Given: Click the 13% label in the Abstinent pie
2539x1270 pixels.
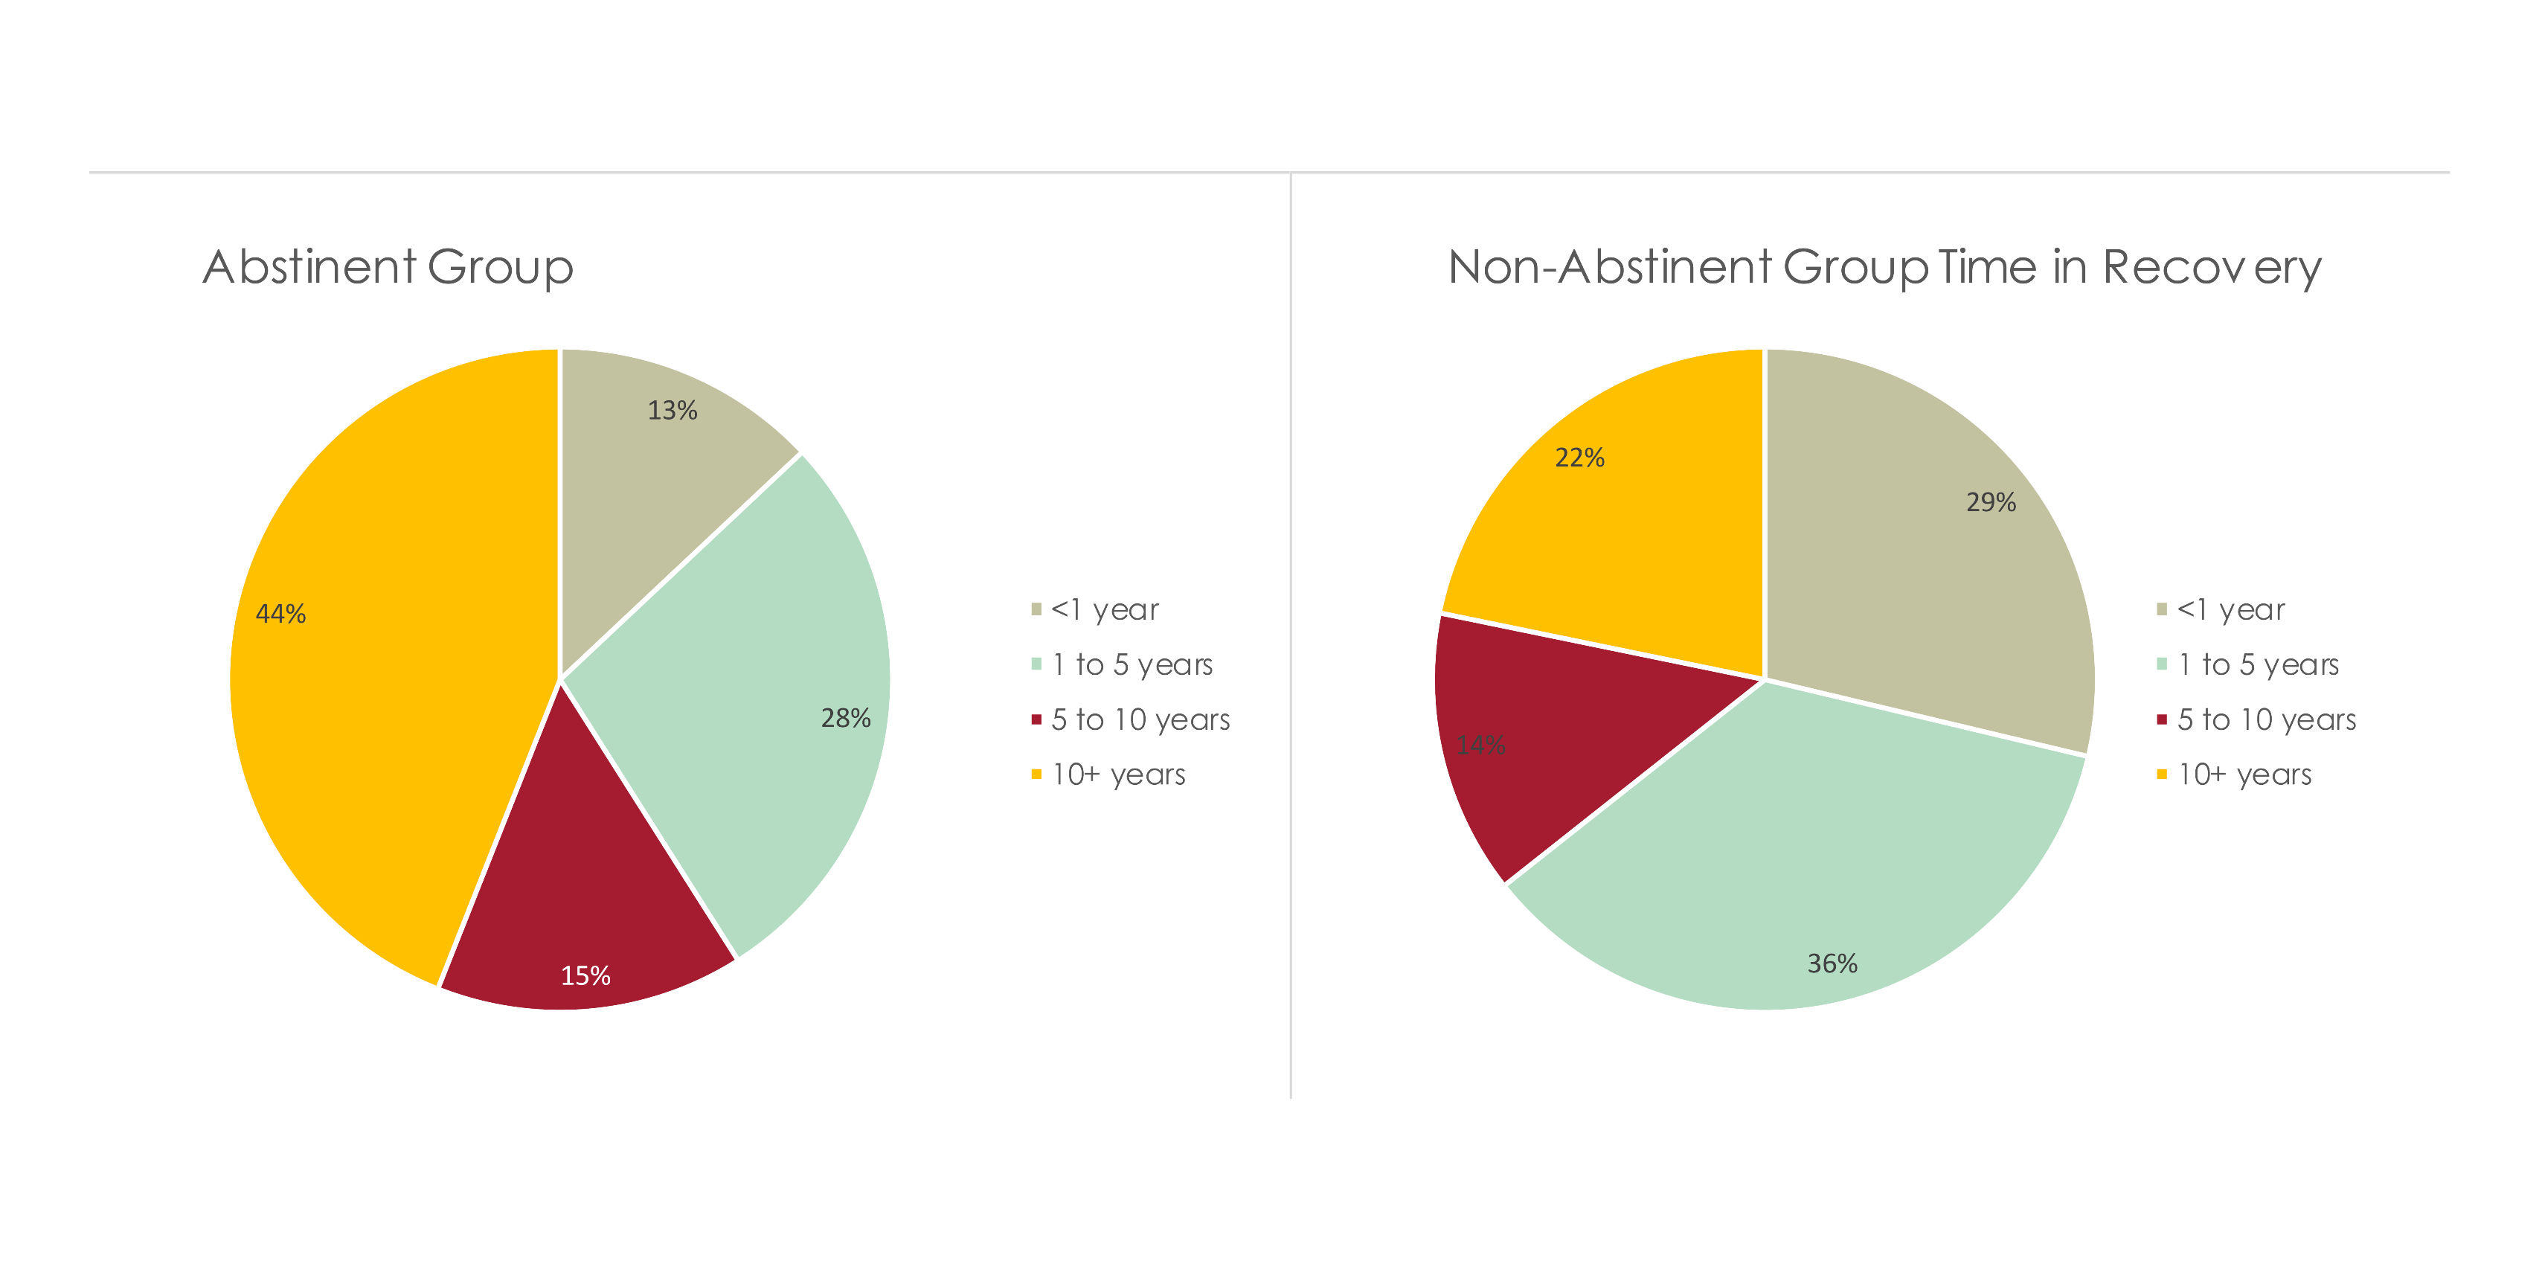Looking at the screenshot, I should coord(673,410).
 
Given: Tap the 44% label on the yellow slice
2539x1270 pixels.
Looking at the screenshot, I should coord(281,615).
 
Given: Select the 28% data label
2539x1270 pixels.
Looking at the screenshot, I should coord(846,718).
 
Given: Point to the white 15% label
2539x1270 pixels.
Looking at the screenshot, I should coord(585,976).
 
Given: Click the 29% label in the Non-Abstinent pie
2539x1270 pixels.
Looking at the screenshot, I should coord(1991,502).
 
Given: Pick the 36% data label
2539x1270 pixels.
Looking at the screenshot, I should coord(1832,963).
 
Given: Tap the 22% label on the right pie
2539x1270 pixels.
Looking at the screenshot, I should coord(1580,458).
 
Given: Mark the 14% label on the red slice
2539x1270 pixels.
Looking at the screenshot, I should coord(1481,745).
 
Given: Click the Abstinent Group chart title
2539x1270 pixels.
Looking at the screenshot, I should coord(388,266).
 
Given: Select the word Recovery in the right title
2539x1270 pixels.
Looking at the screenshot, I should coord(2212,266).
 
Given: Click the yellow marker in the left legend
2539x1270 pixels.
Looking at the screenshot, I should coord(1036,775).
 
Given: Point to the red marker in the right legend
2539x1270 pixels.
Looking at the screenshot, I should coord(2162,719).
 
